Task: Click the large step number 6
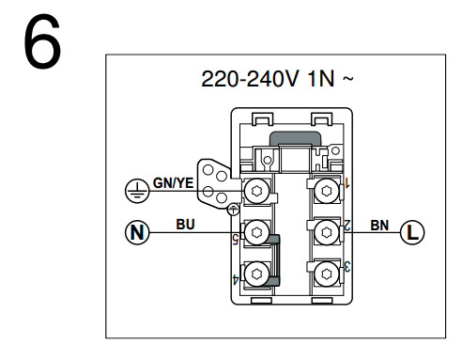point(42,40)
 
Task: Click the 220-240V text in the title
point(250,79)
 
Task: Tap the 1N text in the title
point(321,79)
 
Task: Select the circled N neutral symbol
point(137,232)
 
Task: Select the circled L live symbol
point(412,232)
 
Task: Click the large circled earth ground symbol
point(137,191)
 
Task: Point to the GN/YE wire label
point(173,183)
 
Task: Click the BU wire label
point(185,225)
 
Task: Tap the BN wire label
point(379,226)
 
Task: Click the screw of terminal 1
point(327,191)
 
